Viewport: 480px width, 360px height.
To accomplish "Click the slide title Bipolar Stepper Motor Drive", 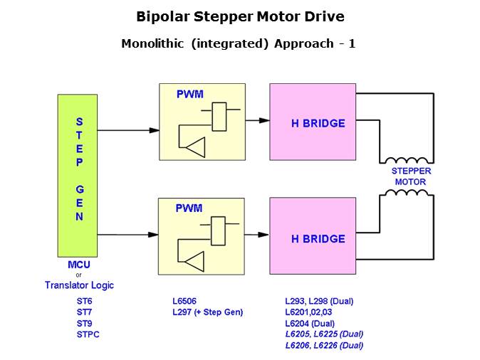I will coord(240,16).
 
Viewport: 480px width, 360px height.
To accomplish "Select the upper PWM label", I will coord(189,93).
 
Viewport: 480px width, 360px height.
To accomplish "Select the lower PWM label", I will coord(189,208).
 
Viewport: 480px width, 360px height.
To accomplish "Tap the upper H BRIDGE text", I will coord(318,123).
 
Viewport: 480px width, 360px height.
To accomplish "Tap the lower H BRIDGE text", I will coord(318,239).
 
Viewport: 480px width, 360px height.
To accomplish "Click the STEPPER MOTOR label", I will coord(411,176).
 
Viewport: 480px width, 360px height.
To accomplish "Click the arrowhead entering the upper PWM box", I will coord(154,130).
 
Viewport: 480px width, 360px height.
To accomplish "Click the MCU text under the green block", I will coord(78,265).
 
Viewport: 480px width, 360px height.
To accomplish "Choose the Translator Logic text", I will coord(79,285).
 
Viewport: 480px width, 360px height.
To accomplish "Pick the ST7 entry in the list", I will coord(85,312).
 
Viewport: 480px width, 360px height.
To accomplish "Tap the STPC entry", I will coord(88,334).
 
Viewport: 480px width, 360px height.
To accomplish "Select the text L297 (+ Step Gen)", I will coord(209,312).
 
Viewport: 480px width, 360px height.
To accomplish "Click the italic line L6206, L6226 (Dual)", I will coord(324,346).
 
